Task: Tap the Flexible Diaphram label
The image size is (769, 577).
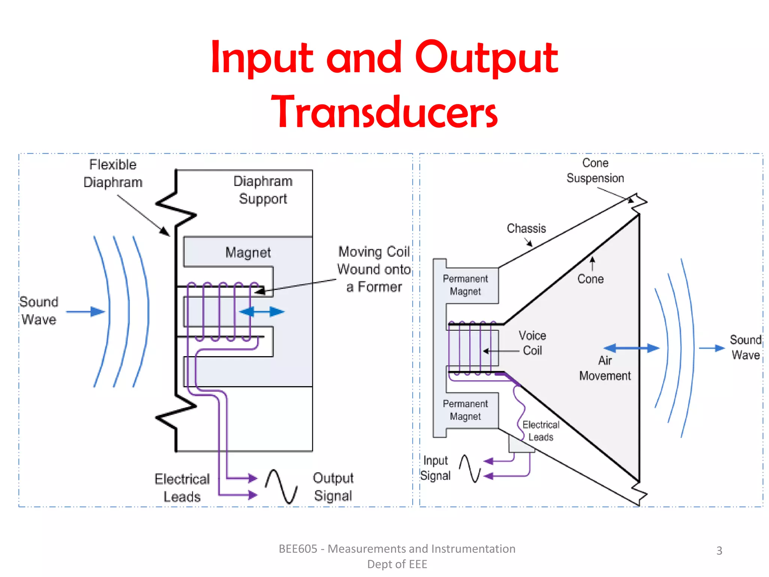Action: (x=113, y=173)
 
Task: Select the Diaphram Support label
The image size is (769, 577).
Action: (x=263, y=190)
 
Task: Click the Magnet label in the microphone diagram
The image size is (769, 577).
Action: (x=248, y=252)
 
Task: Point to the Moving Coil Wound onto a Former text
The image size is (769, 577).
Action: (x=374, y=269)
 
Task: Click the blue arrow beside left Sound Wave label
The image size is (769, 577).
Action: (x=86, y=311)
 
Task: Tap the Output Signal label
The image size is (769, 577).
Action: (x=333, y=487)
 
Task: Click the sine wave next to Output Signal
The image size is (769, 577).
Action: (x=281, y=486)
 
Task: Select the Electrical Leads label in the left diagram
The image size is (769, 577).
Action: (x=182, y=488)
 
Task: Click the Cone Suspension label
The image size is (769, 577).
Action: (x=595, y=171)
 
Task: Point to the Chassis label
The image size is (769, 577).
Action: (x=526, y=228)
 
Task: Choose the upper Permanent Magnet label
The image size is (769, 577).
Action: (x=465, y=285)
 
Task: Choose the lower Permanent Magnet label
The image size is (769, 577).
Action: (x=465, y=410)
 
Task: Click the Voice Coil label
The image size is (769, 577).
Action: (x=532, y=343)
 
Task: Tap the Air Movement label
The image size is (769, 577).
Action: (x=605, y=368)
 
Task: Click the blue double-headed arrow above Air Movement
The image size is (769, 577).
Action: (x=632, y=348)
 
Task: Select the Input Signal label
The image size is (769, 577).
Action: (x=435, y=468)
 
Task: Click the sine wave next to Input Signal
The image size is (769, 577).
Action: (x=470, y=468)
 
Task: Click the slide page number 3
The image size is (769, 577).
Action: (x=719, y=550)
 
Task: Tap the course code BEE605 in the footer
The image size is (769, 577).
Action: (x=298, y=549)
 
